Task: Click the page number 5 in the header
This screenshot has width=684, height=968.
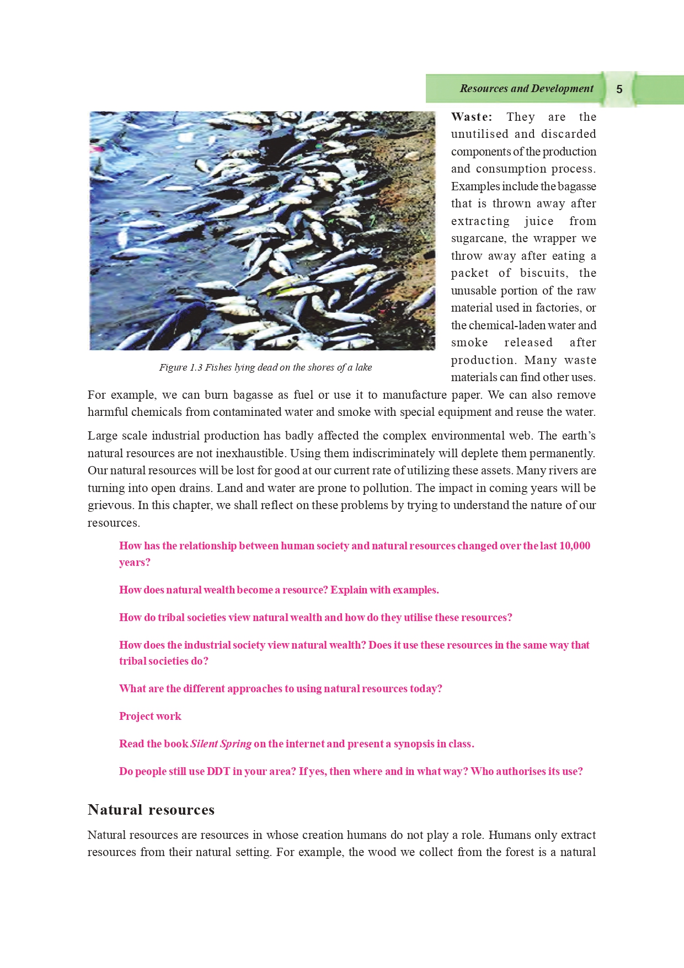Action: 619,89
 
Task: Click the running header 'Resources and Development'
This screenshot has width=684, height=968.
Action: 526,89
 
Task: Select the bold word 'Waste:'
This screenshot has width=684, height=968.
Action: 472,117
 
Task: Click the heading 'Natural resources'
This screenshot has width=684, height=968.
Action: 151,810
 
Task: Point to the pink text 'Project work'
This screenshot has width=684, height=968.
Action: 150,716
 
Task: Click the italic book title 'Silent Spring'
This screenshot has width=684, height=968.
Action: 221,744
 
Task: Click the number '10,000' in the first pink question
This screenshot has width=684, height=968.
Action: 575,545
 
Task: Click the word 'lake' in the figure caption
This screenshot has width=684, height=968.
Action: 364,367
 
